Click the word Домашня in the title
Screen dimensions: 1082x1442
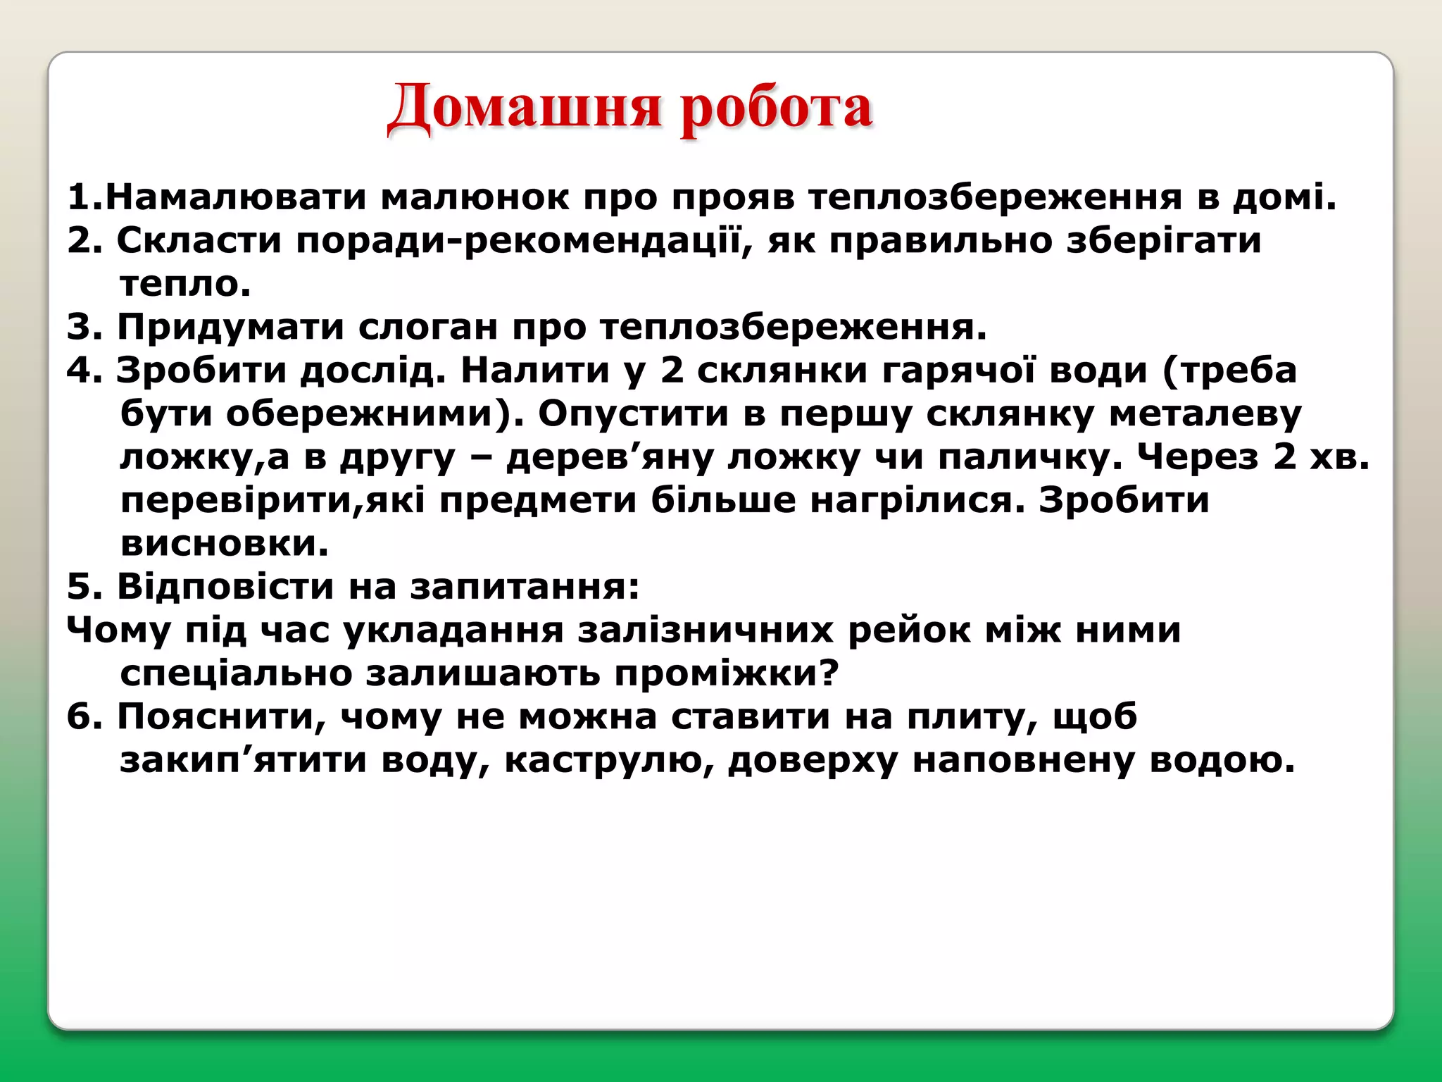[x=525, y=108]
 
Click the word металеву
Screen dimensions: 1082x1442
[x=1205, y=414]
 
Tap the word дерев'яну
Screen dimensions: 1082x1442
[x=610, y=458]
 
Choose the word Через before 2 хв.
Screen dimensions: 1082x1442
[x=1198, y=458]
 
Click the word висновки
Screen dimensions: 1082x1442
[x=225, y=544]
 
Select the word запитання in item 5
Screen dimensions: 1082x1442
[x=525, y=587]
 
